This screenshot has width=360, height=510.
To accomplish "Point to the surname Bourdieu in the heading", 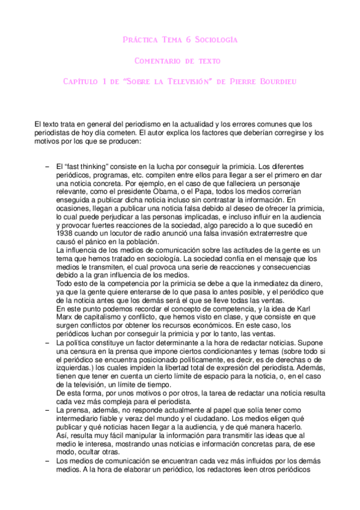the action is point(276,81).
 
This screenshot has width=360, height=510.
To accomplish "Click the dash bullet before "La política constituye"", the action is point(46,342).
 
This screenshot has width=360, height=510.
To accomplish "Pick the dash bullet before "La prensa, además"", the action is point(46,409).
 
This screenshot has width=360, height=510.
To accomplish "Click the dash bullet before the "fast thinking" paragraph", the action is point(46,165).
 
